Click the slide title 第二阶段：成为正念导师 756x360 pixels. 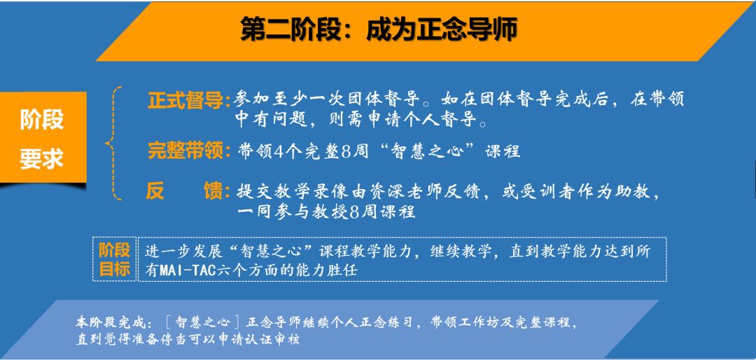coord(379,29)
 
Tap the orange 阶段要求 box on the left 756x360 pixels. coord(43,137)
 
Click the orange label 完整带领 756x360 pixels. coord(185,151)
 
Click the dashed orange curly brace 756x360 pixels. coord(113,143)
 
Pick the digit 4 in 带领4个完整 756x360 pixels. coord(279,151)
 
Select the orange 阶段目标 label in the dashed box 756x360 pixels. coord(115,260)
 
